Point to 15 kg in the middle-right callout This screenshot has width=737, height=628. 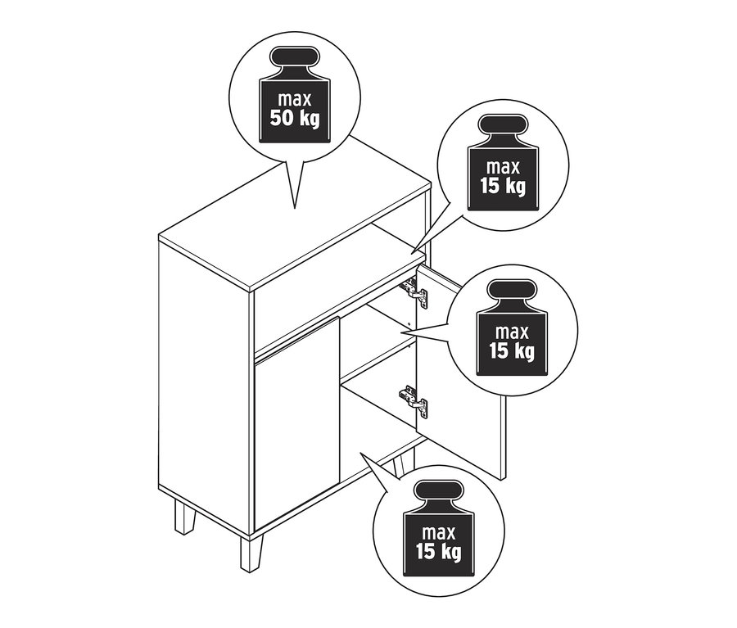[x=514, y=352]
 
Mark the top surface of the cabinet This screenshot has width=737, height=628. [x=295, y=221]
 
